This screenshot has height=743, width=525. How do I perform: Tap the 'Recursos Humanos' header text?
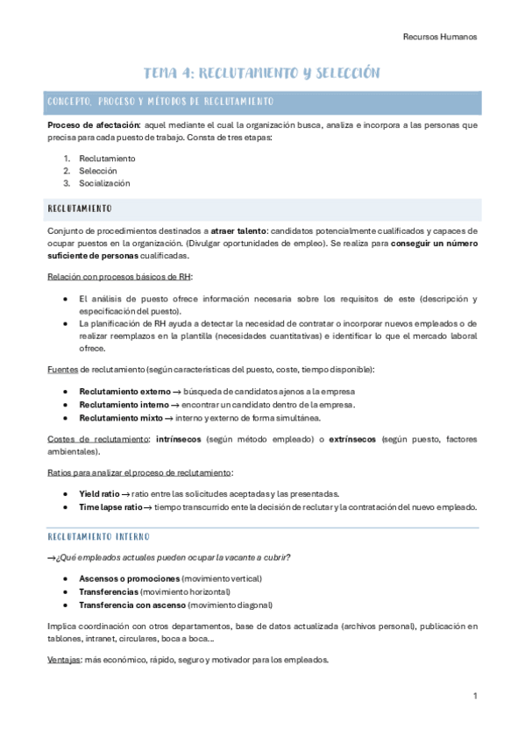tap(439, 37)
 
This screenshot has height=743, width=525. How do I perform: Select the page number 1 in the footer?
tap(474, 696)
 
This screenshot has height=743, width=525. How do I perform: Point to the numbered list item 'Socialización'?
tap(104, 183)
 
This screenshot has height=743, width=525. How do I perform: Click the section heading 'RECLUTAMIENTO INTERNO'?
tap(99, 536)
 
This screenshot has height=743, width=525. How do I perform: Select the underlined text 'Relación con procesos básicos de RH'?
tap(119, 277)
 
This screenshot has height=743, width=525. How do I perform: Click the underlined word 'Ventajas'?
tap(64, 660)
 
